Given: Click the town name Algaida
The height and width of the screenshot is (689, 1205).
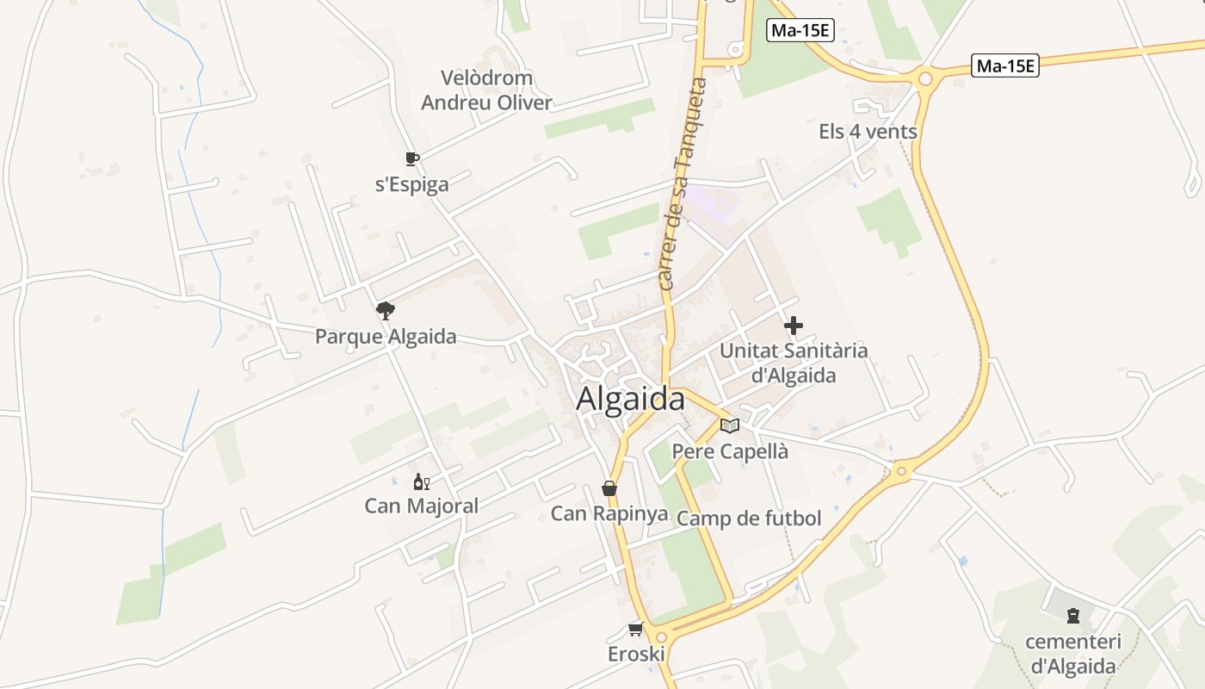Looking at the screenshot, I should point(630,400).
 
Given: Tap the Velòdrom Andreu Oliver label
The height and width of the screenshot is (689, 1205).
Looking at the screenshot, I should point(486,90).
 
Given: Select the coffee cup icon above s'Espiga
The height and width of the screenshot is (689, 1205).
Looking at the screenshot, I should point(412,158).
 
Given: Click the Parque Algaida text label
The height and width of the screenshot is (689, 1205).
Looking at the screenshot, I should point(386,336).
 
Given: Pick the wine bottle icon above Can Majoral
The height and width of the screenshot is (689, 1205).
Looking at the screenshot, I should point(421,482).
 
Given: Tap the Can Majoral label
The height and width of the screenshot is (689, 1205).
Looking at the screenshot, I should point(421,506).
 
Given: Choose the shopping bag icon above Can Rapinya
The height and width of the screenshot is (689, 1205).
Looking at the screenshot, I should point(609,489).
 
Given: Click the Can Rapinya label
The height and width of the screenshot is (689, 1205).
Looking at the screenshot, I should point(609,514).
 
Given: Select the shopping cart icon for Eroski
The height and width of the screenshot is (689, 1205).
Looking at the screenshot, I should point(636,630).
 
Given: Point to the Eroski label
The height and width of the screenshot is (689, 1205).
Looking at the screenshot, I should point(636,654).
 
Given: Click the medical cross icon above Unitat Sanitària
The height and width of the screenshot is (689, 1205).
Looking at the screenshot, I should point(794,326).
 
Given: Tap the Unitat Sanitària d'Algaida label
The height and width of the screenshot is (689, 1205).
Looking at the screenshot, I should point(794,363).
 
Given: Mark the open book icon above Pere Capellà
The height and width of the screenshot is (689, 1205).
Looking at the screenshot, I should point(730,425).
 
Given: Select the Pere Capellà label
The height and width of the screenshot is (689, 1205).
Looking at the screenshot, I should point(730,451).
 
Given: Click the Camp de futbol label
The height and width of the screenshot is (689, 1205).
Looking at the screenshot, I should point(749,518).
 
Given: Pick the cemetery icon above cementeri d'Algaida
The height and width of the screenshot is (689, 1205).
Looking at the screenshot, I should point(1073,616).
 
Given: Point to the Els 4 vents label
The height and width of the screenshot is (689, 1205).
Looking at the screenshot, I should point(868,132).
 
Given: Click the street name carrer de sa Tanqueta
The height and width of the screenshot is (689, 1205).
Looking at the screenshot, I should point(680,185).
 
